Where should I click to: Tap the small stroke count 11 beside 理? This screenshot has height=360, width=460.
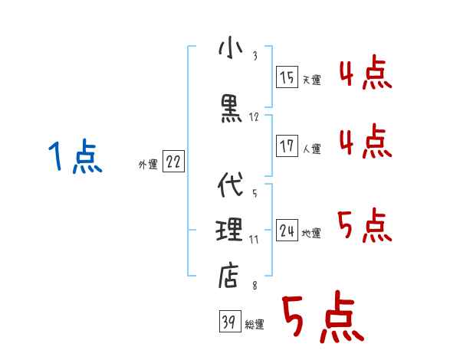(254, 239)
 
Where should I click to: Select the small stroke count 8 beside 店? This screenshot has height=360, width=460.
(254, 286)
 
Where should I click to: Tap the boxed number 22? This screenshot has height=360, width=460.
(173, 162)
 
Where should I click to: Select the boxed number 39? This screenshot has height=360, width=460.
(228, 322)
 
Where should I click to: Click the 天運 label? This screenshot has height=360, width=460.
(311, 80)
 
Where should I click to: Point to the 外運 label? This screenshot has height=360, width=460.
(147, 164)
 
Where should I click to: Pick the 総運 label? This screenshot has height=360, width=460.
(255, 325)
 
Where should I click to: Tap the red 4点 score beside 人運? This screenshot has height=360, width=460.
(364, 141)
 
